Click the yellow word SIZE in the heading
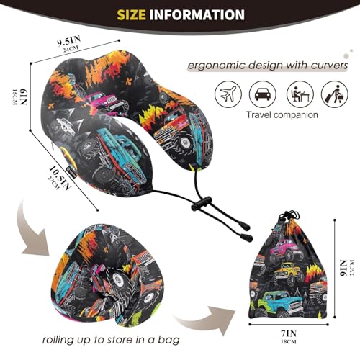click(x=131, y=14)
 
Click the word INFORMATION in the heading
click(x=197, y=14)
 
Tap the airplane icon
click(x=228, y=94)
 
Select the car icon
click(x=263, y=94)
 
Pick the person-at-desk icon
click(x=300, y=94)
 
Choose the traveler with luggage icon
click(x=335, y=94)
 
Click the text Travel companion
click(x=282, y=114)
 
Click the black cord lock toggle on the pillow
click(x=202, y=204)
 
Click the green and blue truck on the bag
click(x=279, y=303)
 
